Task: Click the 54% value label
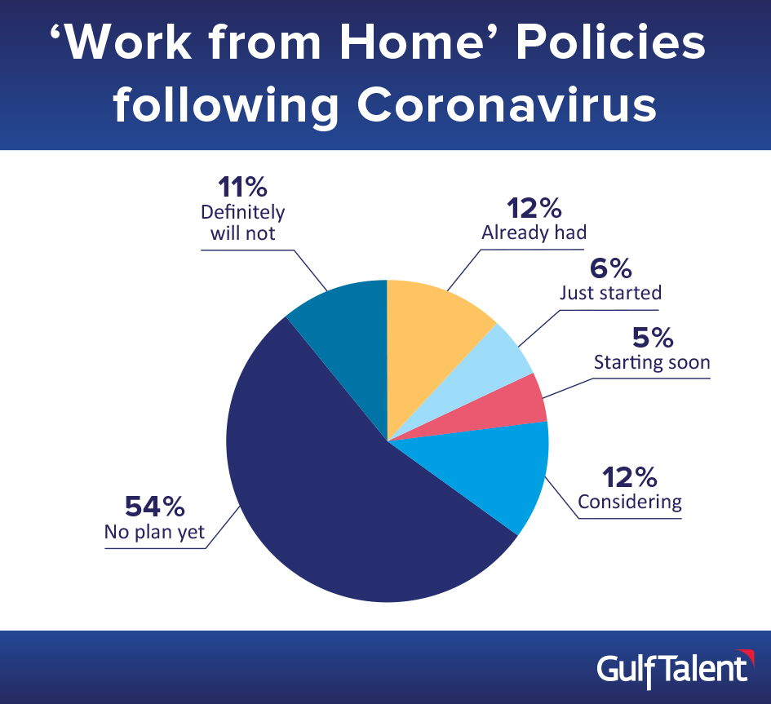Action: tap(155, 507)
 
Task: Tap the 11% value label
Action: tap(242, 187)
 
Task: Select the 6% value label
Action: tap(611, 268)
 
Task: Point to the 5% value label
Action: tap(653, 337)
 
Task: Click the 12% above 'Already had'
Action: tap(534, 209)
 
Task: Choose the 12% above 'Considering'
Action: tap(629, 477)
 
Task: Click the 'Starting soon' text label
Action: tap(652, 362)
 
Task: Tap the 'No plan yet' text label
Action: tap(154, 533)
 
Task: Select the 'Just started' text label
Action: tap(611, 293)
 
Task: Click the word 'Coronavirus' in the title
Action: tap(507, 104)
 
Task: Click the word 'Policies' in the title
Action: tap(611, 42)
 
